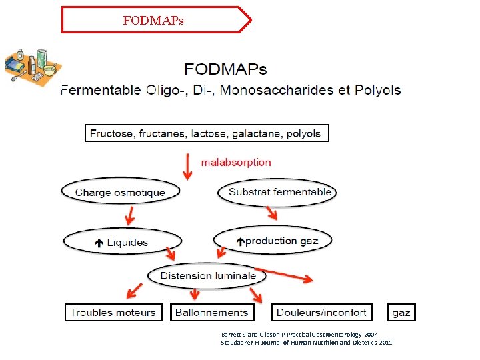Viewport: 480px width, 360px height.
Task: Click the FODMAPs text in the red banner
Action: pyautogui.click(x=153, y=21)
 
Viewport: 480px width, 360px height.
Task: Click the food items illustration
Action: pyautogui.click(x=32, y=65)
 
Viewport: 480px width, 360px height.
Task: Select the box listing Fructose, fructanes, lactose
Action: pyautogui.click(x=206, y=133)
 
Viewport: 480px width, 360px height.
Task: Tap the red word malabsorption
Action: pyautogui.click(x=236, y=162)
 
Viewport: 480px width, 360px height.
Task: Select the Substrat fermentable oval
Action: pyautogui.click(x=279, y=192)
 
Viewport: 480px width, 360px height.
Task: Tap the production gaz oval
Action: pyautogui.click(x=273, y=241)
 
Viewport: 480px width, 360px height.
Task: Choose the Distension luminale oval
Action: pyautogui.click(x=207, y=276)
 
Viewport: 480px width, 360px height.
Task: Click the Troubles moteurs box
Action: pyautogui.click(x=113, y=312)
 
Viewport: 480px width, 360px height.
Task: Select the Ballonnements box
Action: pyautogui.click(x=211, y=312)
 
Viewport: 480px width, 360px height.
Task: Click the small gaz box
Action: pyautogui.click(x=401, y=312)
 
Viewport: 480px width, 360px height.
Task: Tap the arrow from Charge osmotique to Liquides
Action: pyautogui.click(x=128, y=215)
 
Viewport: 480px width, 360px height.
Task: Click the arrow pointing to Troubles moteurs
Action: pyautogui.click(x=133, y=291)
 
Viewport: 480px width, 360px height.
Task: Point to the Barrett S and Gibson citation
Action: pyautogui.click(x=299, y=334)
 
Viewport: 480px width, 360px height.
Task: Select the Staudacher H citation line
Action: pyautogui.click(x=307, y=343)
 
